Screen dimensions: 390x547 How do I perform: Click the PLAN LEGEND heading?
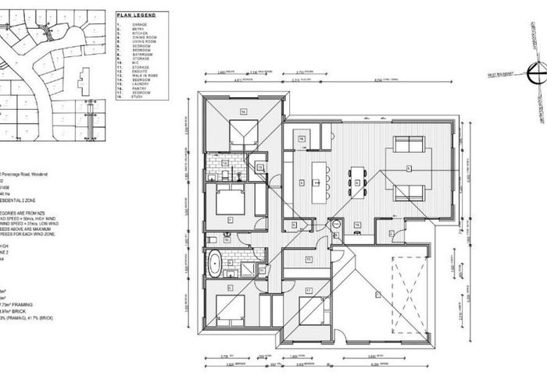135,15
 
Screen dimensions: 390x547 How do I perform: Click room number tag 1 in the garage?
376,293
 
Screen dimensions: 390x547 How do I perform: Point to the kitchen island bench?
318,183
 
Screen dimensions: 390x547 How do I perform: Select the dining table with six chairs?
357,183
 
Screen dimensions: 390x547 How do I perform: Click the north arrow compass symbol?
534,75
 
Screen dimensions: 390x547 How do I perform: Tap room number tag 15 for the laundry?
308,259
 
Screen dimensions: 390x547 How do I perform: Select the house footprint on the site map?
84,80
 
